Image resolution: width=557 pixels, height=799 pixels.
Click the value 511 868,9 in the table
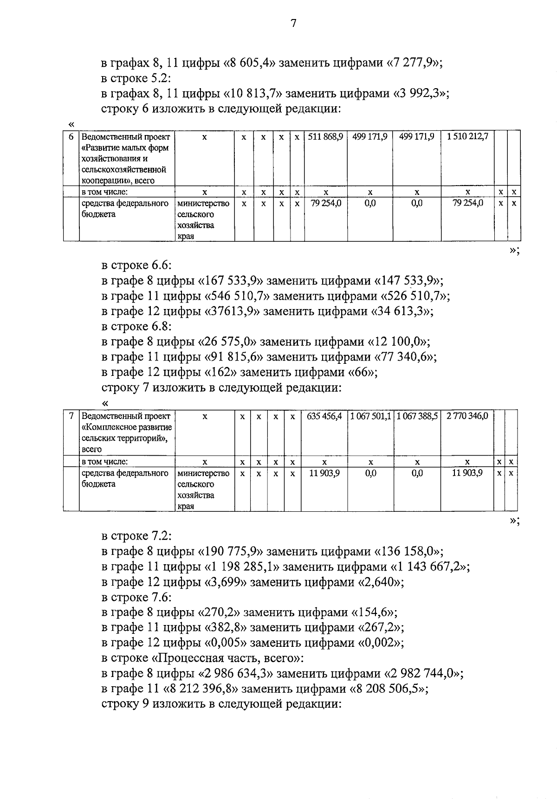pos(325,137)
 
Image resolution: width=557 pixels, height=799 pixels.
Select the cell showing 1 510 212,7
pos(467,137)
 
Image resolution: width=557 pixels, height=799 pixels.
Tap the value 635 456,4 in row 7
pos(324,416)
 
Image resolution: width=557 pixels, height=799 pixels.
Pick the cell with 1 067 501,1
pos(370,416)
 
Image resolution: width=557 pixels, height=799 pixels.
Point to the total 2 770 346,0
pos(467,416)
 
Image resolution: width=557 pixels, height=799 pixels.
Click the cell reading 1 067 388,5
pos(417,416)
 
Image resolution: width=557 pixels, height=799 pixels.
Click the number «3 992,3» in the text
pos(420,94)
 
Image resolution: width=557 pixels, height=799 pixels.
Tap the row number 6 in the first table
pos(71,137)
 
